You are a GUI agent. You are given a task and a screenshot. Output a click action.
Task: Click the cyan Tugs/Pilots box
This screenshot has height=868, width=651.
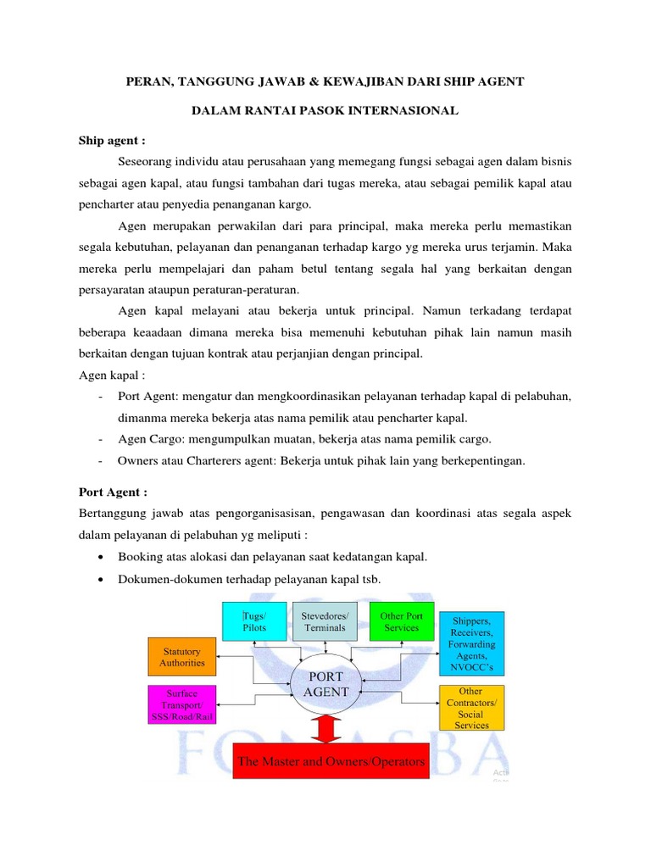[x=255, y=621]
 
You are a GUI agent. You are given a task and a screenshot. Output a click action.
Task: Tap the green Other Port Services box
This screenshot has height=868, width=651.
[x=401, y=621]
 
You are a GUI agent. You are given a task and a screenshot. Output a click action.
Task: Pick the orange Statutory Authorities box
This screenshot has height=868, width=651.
[x=182, y=657]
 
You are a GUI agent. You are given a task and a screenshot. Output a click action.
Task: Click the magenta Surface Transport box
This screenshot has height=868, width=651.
[x=182, y=704]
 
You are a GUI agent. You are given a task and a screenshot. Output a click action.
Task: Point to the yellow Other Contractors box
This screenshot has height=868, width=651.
[x=471, y=708]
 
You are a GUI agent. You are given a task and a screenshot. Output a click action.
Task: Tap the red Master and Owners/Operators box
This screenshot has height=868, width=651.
[x=331, y=761]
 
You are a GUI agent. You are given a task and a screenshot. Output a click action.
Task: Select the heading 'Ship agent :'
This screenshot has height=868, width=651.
[x=112, y=139]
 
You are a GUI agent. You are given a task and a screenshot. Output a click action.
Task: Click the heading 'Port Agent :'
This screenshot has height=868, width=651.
[x=113, y=492]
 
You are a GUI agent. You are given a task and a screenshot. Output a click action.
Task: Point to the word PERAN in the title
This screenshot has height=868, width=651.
[x=147, y=81]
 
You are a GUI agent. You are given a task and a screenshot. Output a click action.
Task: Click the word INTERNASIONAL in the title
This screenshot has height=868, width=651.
[x=400, y=110]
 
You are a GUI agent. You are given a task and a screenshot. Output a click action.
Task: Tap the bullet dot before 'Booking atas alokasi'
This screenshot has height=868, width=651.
[x=102, y=557]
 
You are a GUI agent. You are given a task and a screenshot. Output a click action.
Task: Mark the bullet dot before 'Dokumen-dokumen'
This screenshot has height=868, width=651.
[x=102, y=579]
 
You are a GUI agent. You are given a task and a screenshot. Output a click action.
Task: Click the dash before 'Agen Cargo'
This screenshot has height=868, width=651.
[x=101, y=439]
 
